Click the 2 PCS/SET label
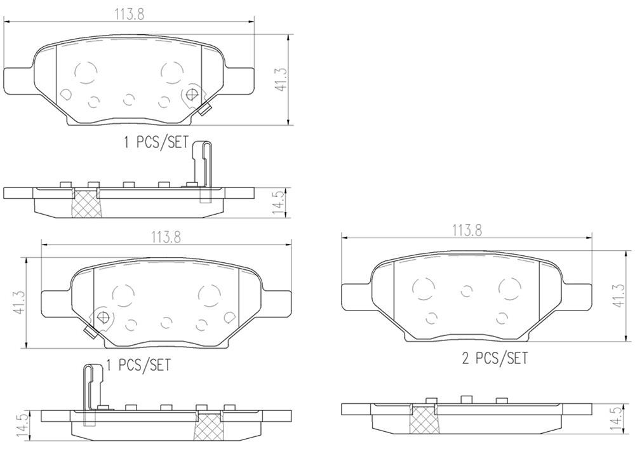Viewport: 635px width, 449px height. pos(495,359)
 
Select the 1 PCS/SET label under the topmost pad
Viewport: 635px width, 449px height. pos(156,142)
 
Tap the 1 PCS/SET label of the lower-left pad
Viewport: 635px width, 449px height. pos(138,365)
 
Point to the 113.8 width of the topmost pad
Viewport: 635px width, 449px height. pos(129,14)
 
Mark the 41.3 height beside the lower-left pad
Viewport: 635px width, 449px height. pos(19,302)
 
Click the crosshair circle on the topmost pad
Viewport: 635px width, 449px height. pos(192,95)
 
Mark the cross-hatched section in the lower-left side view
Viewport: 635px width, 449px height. pos(211,425)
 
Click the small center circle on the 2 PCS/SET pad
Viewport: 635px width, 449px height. pos(467,292)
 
